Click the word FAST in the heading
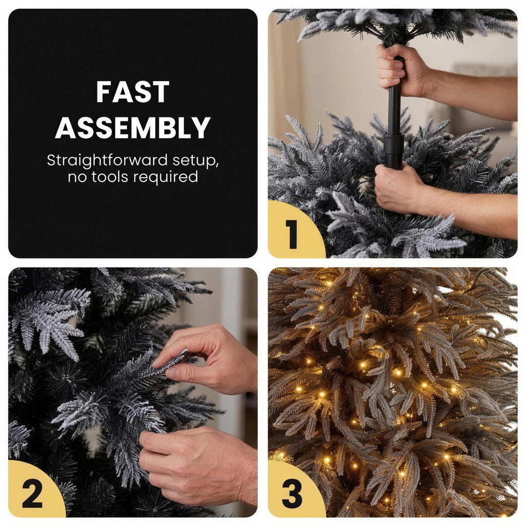(133, 91)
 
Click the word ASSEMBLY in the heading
(133, 127)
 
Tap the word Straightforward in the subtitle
(107, 160)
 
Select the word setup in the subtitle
(195, 161)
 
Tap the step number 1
(291, 234)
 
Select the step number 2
(32, 494)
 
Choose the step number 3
(292, 494)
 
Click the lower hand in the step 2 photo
(198, 466)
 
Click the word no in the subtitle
(78, 177)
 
